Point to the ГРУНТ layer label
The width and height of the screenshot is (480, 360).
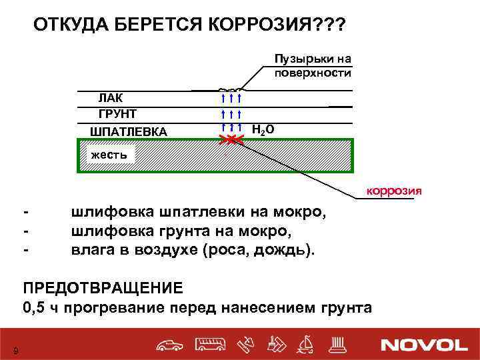tap(117, 114)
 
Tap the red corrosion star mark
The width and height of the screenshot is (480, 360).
tap(231, 139)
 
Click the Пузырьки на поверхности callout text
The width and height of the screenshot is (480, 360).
tap(313, 65)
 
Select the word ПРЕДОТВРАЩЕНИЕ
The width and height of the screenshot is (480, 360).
tap(103, 288)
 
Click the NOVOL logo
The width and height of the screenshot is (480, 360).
tap(424, 345)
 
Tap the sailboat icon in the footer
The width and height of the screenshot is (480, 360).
tap(308, 344)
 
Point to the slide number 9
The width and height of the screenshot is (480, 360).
tap(15, 351)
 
